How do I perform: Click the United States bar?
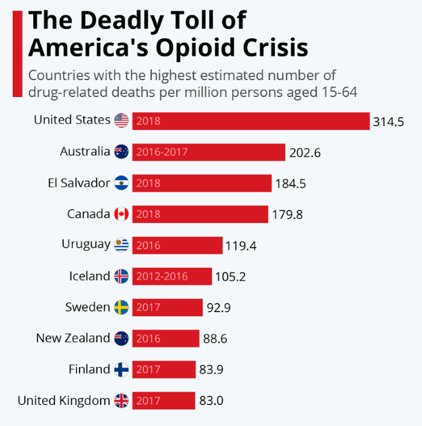click(250, 121)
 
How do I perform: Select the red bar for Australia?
click(209, 152)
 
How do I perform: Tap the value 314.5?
click(388, 122)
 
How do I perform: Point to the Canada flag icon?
click(121, 214)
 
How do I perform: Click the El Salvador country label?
click(79, 183)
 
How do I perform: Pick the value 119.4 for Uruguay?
click(242, 245)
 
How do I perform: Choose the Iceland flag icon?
click(121, 276)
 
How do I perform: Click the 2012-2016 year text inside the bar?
click(162, 277)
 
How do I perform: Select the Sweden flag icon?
click(121, 307)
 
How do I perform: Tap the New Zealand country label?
click(73, 338)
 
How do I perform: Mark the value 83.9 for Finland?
click(212, 369)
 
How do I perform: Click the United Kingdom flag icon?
click(121, 400)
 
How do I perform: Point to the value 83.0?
click(211, 401)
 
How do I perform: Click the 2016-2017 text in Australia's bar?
click(162, 152)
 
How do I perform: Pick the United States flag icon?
click(121, 121)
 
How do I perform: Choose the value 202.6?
click(304, 152)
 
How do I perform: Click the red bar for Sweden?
click(167, 307)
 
